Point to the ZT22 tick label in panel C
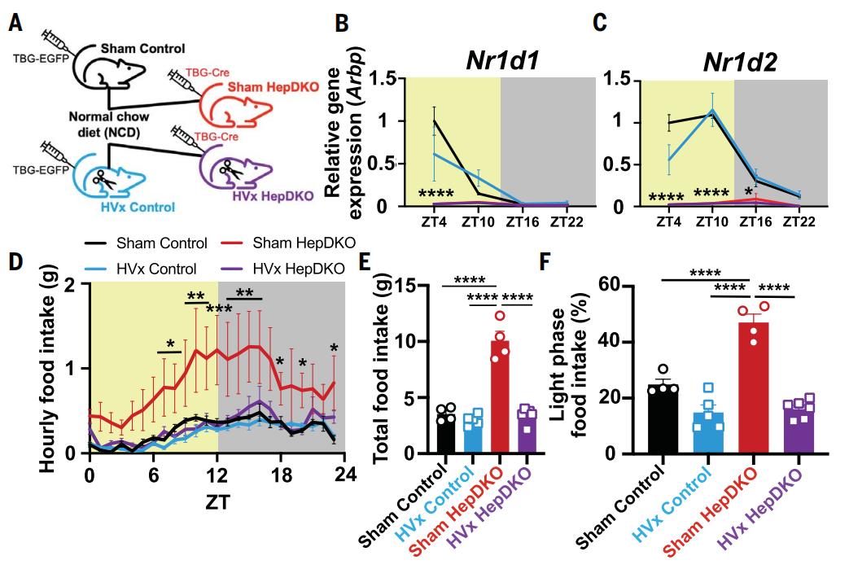click(x=799, y=222)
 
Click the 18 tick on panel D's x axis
click(x=282, y=475)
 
